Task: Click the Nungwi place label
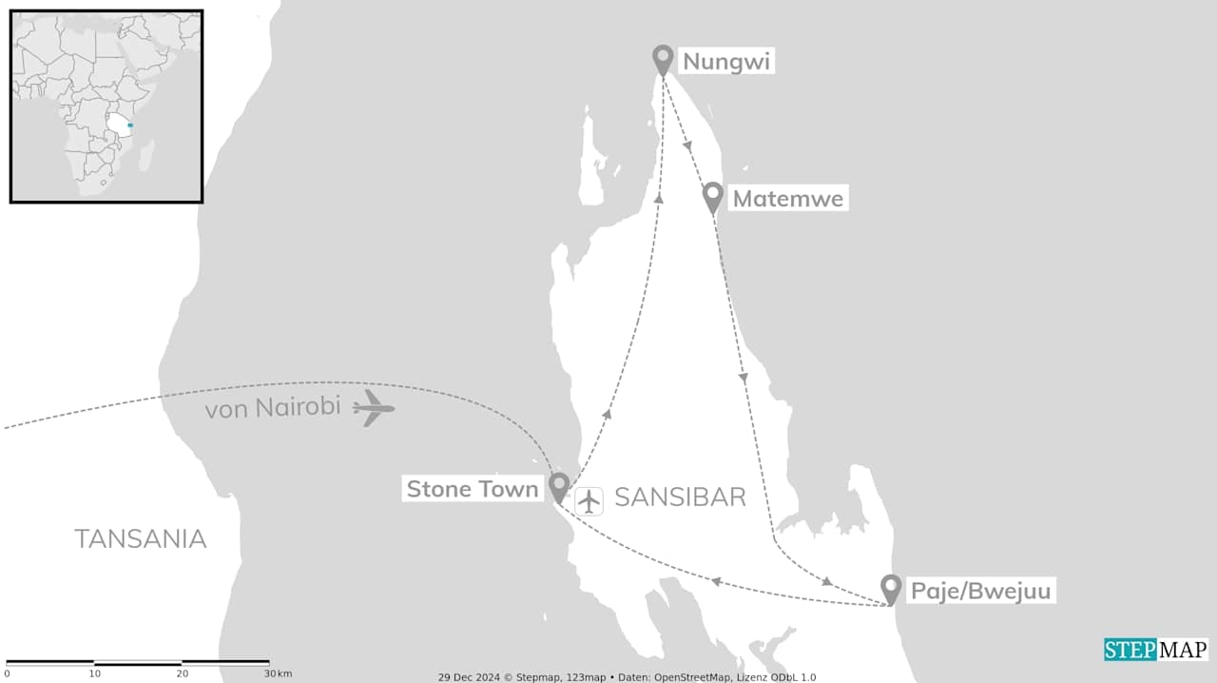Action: click(726, 62)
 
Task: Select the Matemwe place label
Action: click(787, 199)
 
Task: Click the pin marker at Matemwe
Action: click(713, 196)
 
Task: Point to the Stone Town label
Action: click(473, 489)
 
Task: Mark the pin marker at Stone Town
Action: click(559, 485)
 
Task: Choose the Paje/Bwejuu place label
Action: click(981, 591)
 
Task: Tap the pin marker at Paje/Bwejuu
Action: click(891, 588)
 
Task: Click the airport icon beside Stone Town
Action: click(589, 500)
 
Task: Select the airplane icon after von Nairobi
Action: click(374, 408)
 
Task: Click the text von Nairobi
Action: click(273, 408)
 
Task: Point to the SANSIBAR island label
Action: click(680, 497)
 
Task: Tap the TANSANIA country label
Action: click(141, 538)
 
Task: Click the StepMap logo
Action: click(1156, 649)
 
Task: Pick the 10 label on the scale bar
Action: click(94, 673)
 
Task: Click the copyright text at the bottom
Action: click(627, 677)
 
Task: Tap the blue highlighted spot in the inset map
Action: click(130, 126)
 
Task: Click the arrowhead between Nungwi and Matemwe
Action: click(686, 146)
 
